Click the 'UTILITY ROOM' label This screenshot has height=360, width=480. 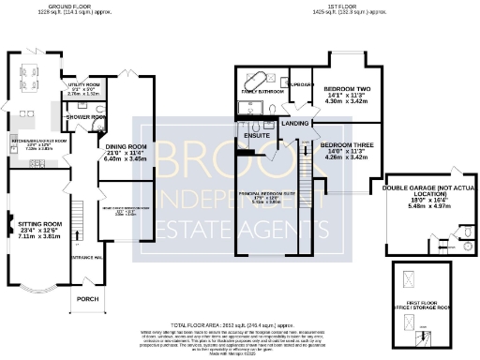[x=78, y=84]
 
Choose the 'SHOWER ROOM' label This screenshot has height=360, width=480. [x=82, y=117]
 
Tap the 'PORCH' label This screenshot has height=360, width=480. [x=86, y=299]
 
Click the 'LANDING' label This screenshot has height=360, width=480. [x=295, y=123]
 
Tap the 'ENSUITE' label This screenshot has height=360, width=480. [x=255, y=135]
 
